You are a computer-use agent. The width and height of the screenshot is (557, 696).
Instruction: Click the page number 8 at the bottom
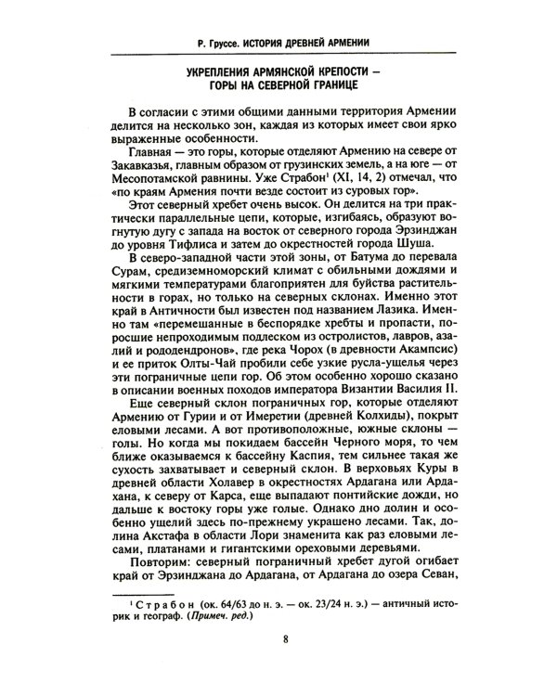click(286, 664)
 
